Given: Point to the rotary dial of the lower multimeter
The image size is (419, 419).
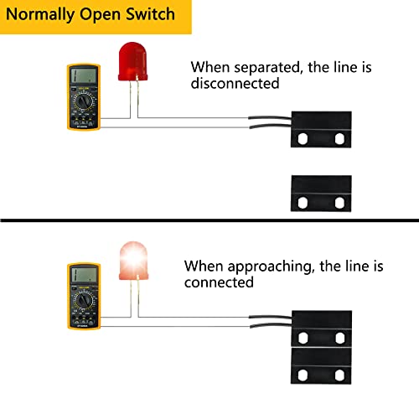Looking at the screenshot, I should tap(84, 303).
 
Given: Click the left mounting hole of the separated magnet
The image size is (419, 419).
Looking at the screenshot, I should tap(302, 203).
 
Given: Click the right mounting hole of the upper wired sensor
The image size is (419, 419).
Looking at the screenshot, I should tap(339, 137).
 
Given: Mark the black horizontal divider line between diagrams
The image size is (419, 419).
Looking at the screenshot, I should tap(209, 220).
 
